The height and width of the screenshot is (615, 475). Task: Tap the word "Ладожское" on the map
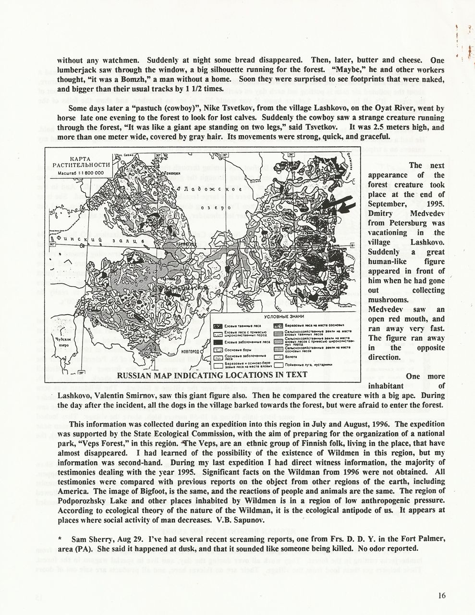[203, 189]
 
